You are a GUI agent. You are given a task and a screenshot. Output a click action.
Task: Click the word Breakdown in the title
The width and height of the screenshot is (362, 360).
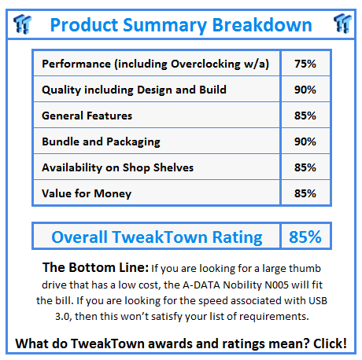(262, 24)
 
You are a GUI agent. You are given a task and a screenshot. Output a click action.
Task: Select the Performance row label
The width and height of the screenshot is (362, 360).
(155, 64)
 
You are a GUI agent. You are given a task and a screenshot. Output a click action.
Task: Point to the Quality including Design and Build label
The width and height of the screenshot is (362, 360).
(134, 90)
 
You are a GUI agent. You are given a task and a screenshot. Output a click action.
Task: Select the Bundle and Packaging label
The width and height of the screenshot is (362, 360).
(101, 141)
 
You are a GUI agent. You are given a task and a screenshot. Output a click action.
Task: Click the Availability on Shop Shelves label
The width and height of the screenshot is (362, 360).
(118, 167)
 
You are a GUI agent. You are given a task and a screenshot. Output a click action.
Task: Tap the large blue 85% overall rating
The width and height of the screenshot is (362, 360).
(304, 237)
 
